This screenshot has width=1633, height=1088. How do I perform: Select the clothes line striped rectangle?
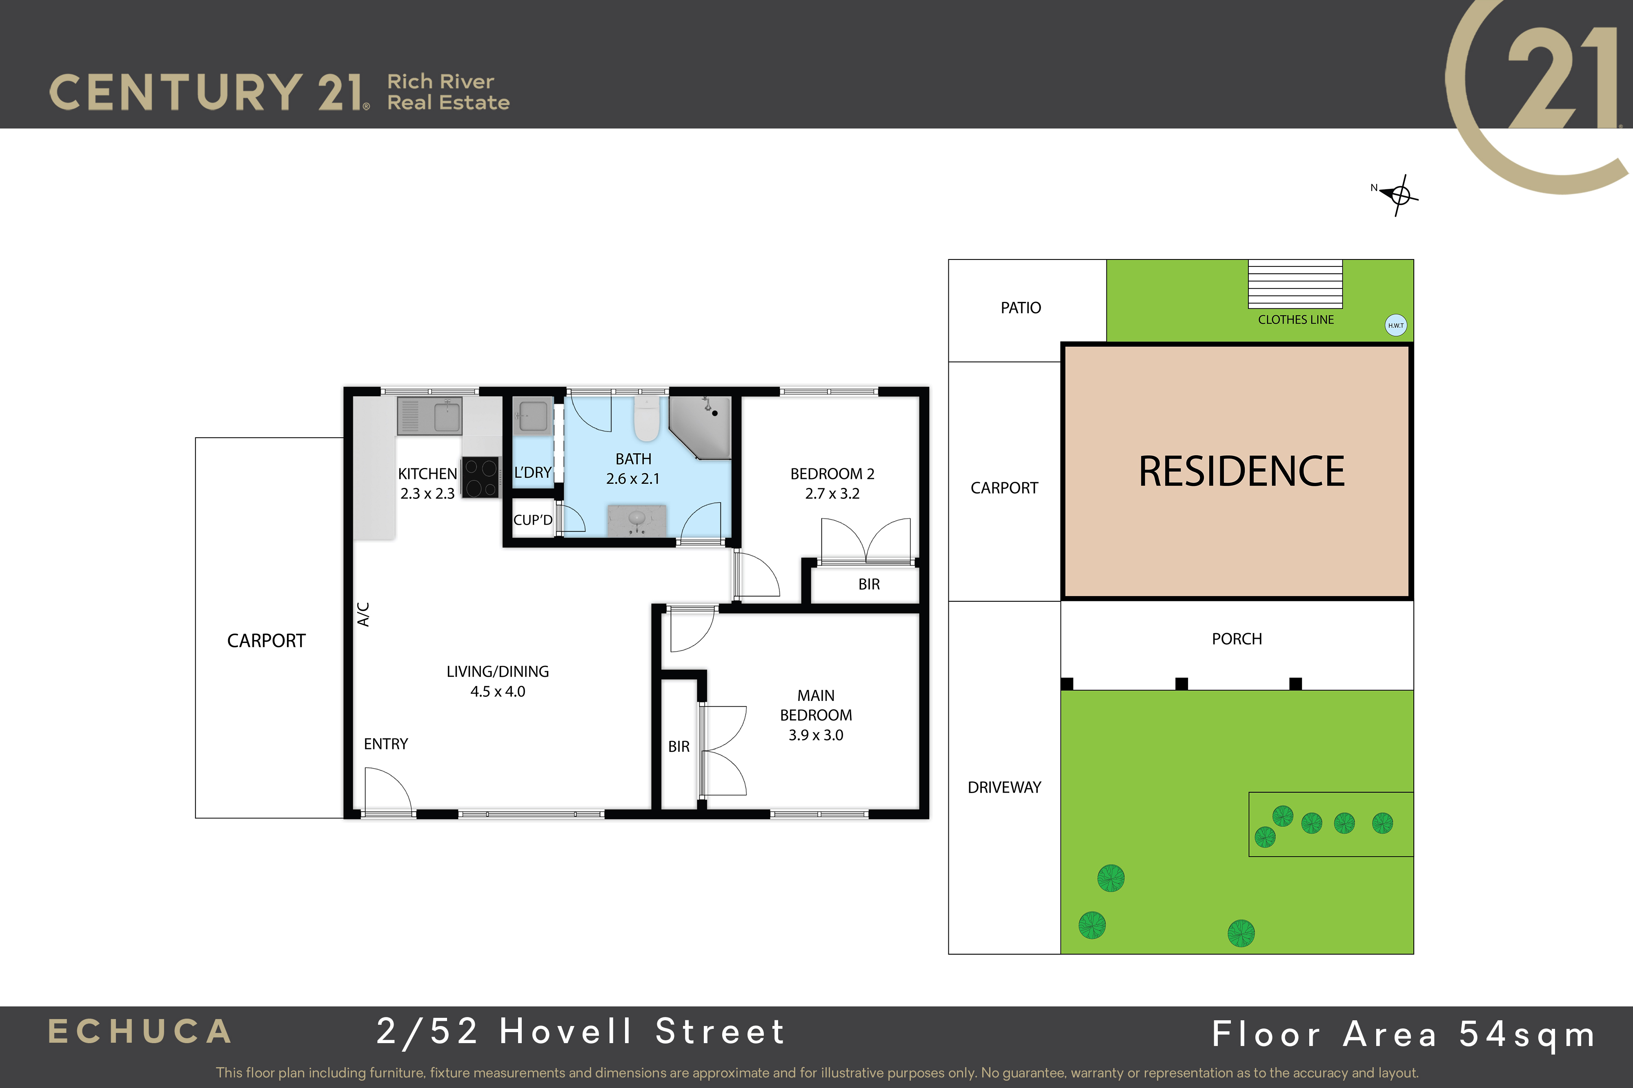pyautogui.click(x=1295, y=284)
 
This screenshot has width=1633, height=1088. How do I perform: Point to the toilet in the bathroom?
pyautogui.click(x=646, y=419)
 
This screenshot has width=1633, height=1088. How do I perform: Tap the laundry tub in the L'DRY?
pyautogui.click(x=532, y=417)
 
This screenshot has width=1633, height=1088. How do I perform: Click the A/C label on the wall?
pyautogui.click(x=363, y=614)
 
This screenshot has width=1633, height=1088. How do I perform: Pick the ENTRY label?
pyautogui.click(x=386, y=744)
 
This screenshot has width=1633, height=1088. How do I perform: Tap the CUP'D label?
pyautogui.click(x=532, y=520)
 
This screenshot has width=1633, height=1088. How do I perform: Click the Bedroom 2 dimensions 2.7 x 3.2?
pyautogui.click(x=832, y=493)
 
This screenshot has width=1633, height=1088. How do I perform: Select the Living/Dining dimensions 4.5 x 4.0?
pyautogui.click(x=498, y=691)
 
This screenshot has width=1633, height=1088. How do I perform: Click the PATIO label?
pyautogui.click(x=1021, y=307)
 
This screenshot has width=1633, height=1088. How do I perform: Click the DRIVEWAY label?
pyautogui.click(x=1005, y=787)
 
